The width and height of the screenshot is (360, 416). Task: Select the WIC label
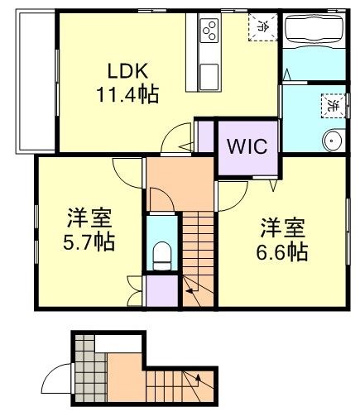[x=247, y=147]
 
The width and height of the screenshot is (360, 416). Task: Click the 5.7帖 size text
[x=90, y=243]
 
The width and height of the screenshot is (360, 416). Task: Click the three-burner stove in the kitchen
[x=209, y=32]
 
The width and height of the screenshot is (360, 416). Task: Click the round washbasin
[x=333, y=141]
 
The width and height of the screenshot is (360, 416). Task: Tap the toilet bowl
[x=162, y=253]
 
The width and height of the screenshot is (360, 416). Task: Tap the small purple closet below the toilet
[x=161, y=290]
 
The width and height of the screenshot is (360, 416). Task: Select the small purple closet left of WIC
[x=204, y=136]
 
